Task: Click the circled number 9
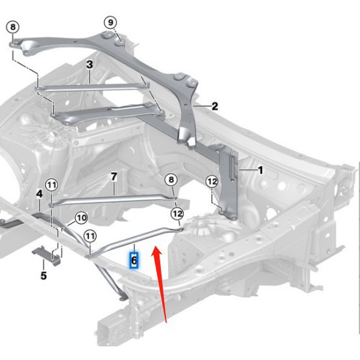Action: point(111,23)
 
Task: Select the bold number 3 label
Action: point(90,64)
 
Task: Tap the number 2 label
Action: point(215,106)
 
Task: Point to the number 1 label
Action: point(261,171)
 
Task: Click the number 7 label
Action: point(114,177)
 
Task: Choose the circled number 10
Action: point(81,218)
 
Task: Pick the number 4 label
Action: point(40,194)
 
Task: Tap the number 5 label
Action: point(43,276)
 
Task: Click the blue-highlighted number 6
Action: point(134,260)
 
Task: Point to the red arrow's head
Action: point(156,251)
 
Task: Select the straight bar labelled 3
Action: point(92,88)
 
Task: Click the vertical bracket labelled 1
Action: point(228,182)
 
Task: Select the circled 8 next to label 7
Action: point(171,179)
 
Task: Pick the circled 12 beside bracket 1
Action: point(212,182)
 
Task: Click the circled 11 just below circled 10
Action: point(90,236)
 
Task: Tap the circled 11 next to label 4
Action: point(52,185)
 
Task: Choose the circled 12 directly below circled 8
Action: point(177,214)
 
